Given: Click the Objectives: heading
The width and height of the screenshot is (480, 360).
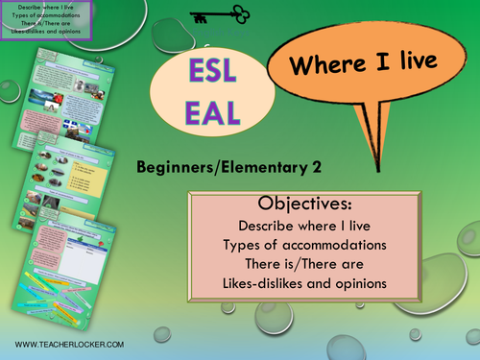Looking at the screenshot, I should [323, 204].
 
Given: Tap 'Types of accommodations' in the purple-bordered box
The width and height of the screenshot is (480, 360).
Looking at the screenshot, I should [45, 15].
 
